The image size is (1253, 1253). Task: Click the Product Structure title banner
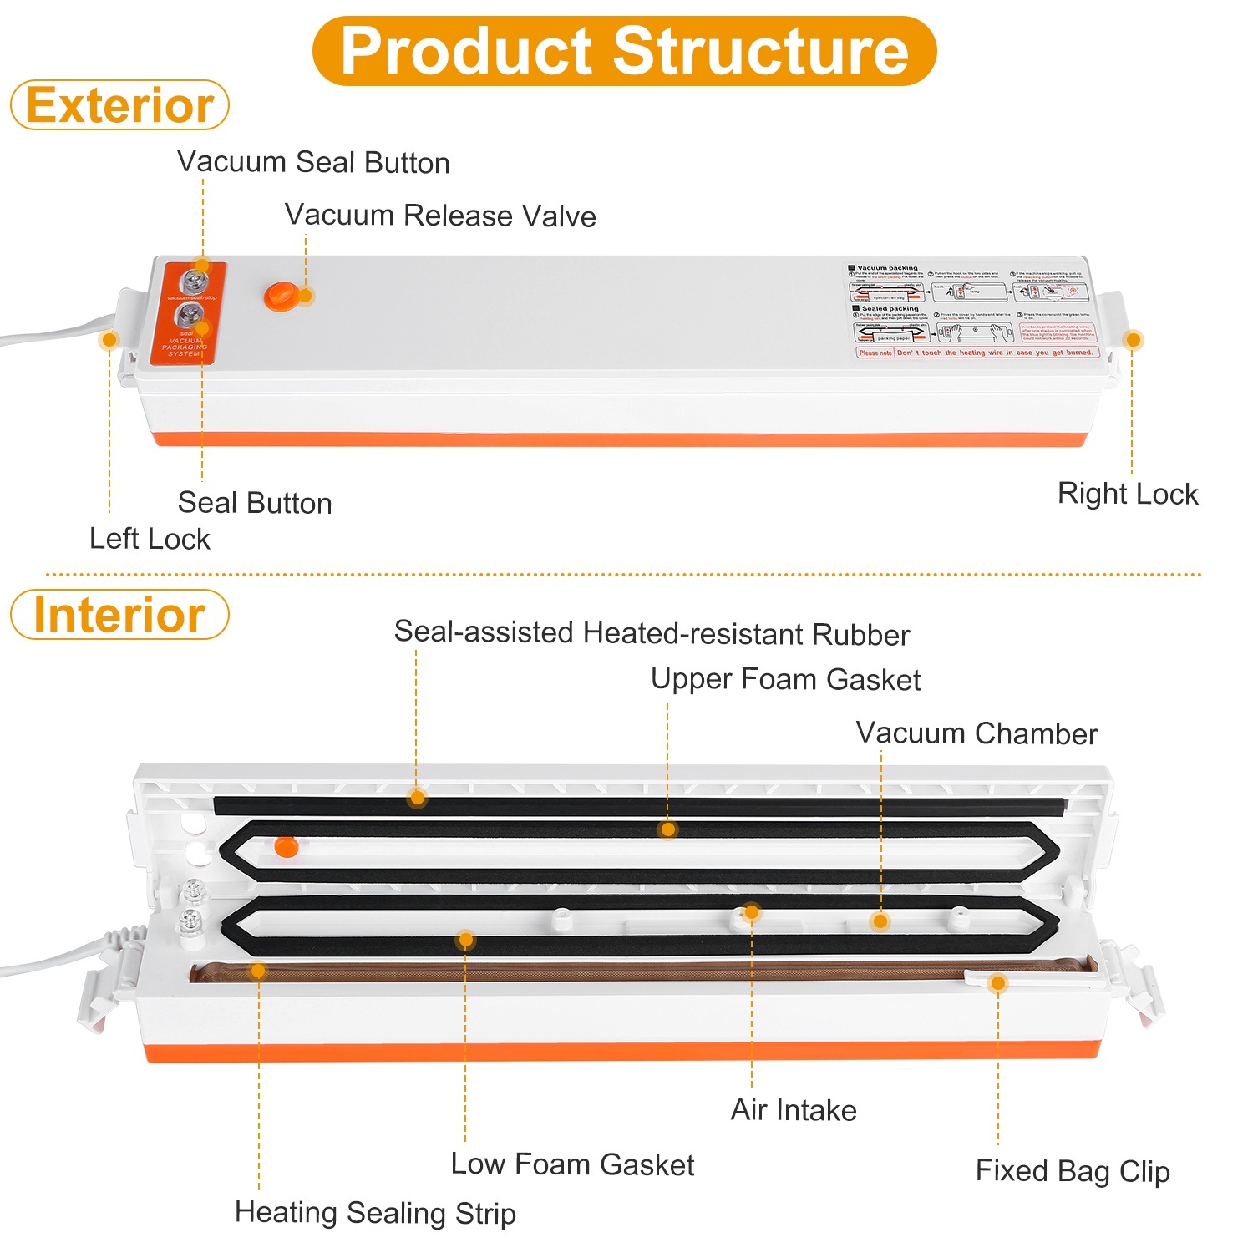click(624, 51)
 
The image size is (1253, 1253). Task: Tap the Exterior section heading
click(119, 105)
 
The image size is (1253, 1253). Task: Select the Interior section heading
click(119, 615)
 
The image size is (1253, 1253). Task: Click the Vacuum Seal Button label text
click(313, 162)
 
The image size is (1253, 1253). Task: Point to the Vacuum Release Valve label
click(440, 216)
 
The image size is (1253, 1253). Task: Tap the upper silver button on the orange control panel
click(194, 278)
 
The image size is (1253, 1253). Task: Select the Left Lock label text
click(150, 539)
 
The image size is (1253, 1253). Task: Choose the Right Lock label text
click(1128, 494)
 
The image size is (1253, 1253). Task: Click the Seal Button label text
click(255, 503)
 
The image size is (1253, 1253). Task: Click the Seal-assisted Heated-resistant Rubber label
click(652, 633)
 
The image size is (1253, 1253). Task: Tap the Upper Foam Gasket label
click(785, 679)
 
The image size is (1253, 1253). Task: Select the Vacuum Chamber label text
click(977, 733)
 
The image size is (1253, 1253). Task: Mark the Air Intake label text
click(794, 1110)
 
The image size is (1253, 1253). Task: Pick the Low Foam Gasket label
click(572, 1164)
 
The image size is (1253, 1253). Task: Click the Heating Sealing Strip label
click(375, 1212)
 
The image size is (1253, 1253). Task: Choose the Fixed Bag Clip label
click(1073, 1171)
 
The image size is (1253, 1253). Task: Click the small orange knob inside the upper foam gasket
click(286, 846)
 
